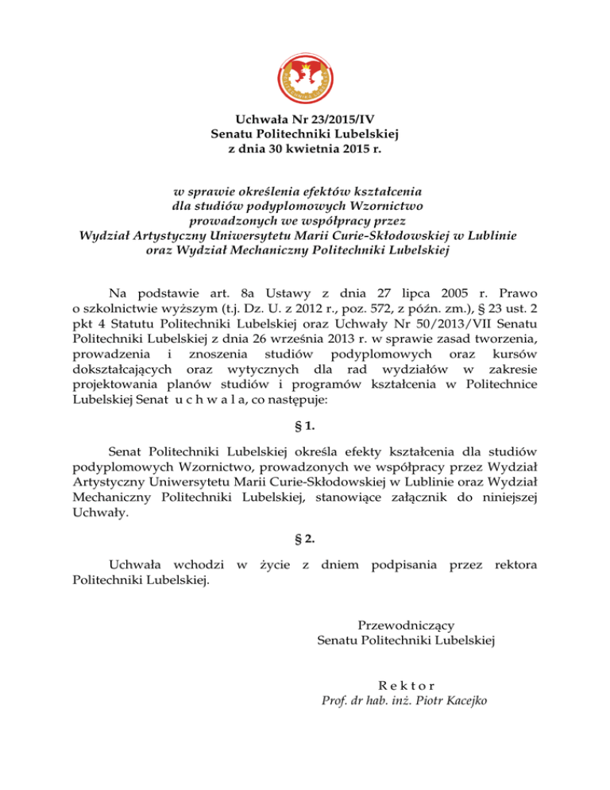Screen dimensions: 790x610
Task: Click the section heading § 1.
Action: click(305, 433)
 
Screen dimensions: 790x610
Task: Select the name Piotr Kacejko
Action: click(452, 700)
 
